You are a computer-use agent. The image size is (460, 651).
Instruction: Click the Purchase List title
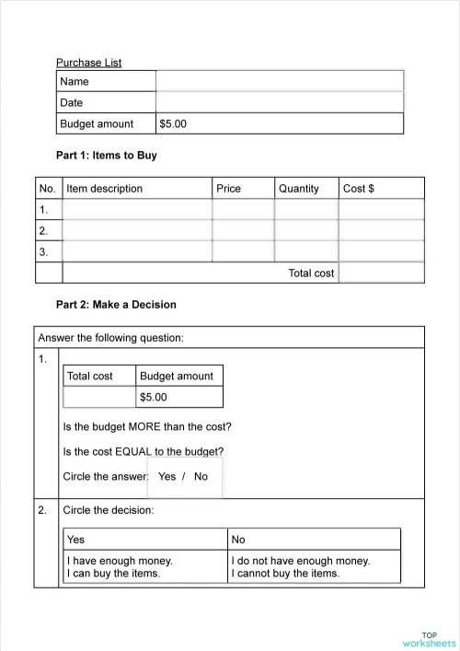[x=88, y=63]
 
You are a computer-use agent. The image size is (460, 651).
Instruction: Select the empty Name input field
[x=279, y=81]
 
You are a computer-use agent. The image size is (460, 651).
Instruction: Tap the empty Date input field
[x=279, y=102]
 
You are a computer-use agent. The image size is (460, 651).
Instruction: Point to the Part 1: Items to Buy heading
[x=106, y=156]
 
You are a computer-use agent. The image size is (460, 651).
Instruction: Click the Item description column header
[x=105, y=189]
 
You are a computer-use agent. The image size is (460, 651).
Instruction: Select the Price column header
[x=228, y=189]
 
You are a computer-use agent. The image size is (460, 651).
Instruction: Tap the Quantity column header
[x=299, y=189]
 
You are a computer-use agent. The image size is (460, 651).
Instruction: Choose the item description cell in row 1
[x=137, y=210]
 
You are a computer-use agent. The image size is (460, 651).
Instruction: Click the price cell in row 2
[x=243, y=230]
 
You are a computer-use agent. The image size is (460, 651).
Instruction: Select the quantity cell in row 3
[x=306, y=250]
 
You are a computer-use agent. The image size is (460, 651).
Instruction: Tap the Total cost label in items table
[x=311, y=273]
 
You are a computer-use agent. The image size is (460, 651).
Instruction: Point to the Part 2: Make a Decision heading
[x=116, y=304]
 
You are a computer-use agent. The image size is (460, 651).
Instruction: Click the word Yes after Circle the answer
[x=167, y=477]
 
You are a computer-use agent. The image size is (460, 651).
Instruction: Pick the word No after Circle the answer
[x=201, y=477]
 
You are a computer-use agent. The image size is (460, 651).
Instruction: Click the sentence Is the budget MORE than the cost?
[x=147, y=427]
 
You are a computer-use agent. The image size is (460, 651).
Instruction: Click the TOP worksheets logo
[x=429, y=639]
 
